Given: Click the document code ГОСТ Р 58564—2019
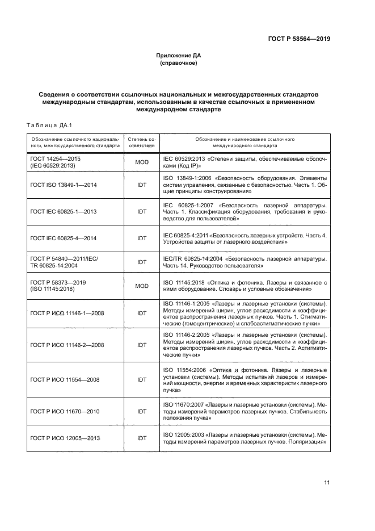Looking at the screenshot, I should pos(298,39).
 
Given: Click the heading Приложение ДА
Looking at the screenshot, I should pos(179,56).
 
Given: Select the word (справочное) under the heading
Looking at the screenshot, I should pos(179,63).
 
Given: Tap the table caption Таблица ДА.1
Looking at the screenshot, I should pos(47,125).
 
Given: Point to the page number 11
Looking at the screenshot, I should pos(327,483).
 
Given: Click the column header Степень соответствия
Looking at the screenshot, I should pos(141,141).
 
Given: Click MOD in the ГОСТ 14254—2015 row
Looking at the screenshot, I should pos(141,162).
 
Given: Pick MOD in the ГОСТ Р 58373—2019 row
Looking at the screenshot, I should pos(141,286).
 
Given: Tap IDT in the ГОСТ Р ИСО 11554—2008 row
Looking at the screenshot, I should pos(141,379).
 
